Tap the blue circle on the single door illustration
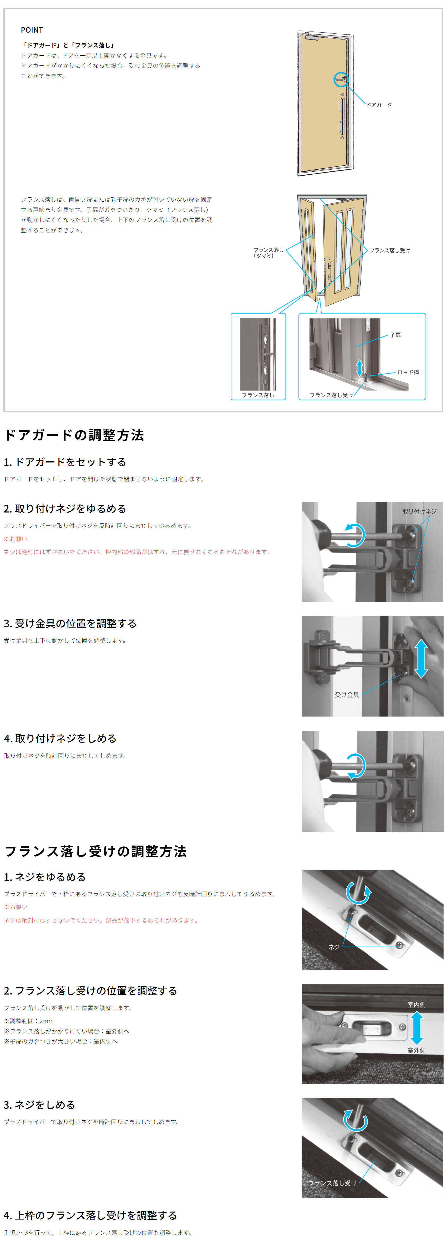click(x=341, y=79)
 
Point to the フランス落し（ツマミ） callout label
click(x=268, y=252)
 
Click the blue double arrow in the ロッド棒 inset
click(x=359, y=368)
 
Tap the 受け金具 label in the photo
click(x=347, y=695)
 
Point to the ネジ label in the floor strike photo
click(x=334, y=947)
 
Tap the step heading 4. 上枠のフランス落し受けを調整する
click(x=90, y=1215)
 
